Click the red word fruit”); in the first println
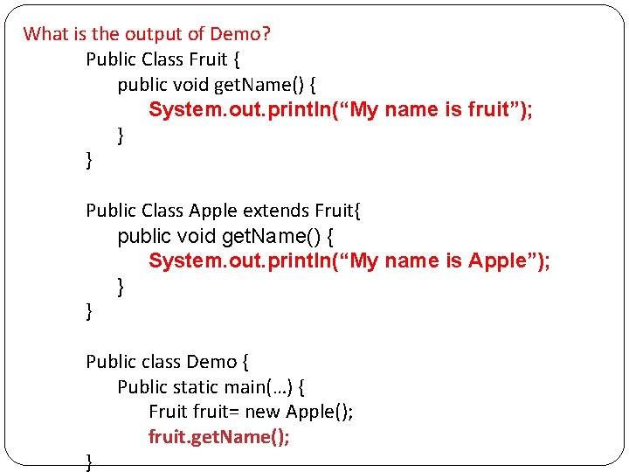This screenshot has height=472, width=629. point(501,109)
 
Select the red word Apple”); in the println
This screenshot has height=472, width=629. point(509,260)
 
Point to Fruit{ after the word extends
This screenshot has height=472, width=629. point(337,211)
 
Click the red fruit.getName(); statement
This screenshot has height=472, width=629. point(218,437)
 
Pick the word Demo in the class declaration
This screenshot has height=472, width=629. point(211,362)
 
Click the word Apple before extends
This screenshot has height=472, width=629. point(213,211)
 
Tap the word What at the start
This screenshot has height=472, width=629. point(43,34)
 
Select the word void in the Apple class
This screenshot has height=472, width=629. point(197,236)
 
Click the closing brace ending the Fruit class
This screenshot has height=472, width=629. point(89,160)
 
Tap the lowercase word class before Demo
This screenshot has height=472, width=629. point(159,362)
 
